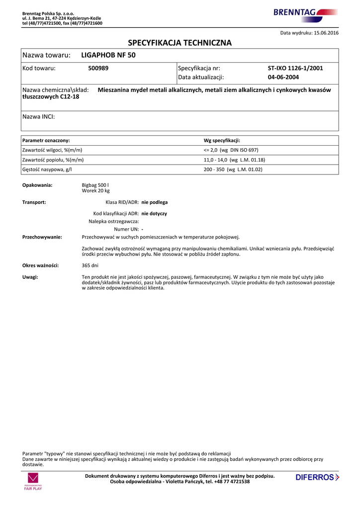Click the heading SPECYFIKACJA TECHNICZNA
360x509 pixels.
[x=180, y=43]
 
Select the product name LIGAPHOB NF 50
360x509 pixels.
[x=108, y=55]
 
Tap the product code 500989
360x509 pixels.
[x=98, y=68]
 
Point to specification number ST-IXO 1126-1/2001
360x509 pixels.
[x=295, y=68]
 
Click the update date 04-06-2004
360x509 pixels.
[x=283, y=78]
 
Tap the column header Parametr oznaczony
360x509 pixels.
[x=46, y=141]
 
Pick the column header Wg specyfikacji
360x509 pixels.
[x=222, y=141]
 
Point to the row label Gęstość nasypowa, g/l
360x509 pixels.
[x=47, y=170]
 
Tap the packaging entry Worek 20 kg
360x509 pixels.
[x=95, y=191]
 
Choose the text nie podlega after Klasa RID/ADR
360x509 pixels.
[x=155, y=203]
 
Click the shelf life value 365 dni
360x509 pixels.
[x=90, y=265]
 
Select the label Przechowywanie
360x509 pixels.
[x=42, y=237]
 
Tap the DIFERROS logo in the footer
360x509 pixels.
[x=317, y=478]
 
